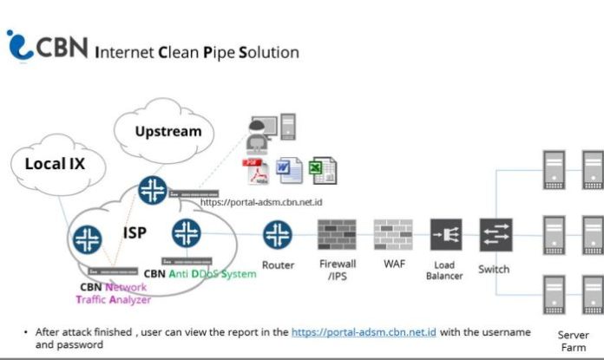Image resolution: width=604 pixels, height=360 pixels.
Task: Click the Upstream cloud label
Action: [167, 132]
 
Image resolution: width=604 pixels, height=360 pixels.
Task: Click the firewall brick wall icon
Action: [337, 234]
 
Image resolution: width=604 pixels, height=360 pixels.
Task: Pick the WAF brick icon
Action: [391, 234]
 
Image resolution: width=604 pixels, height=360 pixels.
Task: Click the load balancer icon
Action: [446, 234]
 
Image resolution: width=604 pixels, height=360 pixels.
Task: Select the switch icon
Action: [496, 234]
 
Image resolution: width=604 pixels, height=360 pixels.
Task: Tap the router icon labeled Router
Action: [278, 234]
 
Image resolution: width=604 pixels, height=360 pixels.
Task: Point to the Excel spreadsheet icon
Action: [322, 170]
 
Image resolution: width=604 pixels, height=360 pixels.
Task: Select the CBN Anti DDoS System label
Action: [200, 274]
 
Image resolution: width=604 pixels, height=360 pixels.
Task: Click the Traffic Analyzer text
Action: [113, 299]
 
